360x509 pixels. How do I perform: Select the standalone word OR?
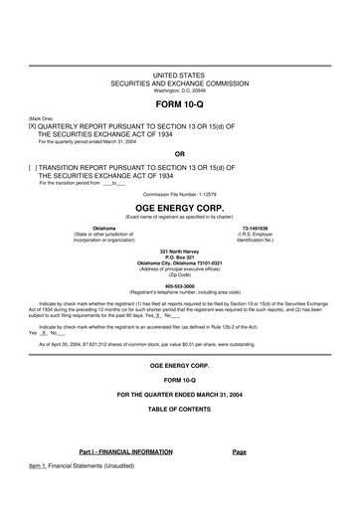[179, 154]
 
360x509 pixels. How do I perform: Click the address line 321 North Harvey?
[179, 252]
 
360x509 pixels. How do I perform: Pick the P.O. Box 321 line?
[179, 257]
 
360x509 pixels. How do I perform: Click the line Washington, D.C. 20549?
[179, 90]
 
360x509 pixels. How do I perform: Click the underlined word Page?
[239, 452]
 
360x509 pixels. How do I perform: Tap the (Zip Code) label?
[179, 275]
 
